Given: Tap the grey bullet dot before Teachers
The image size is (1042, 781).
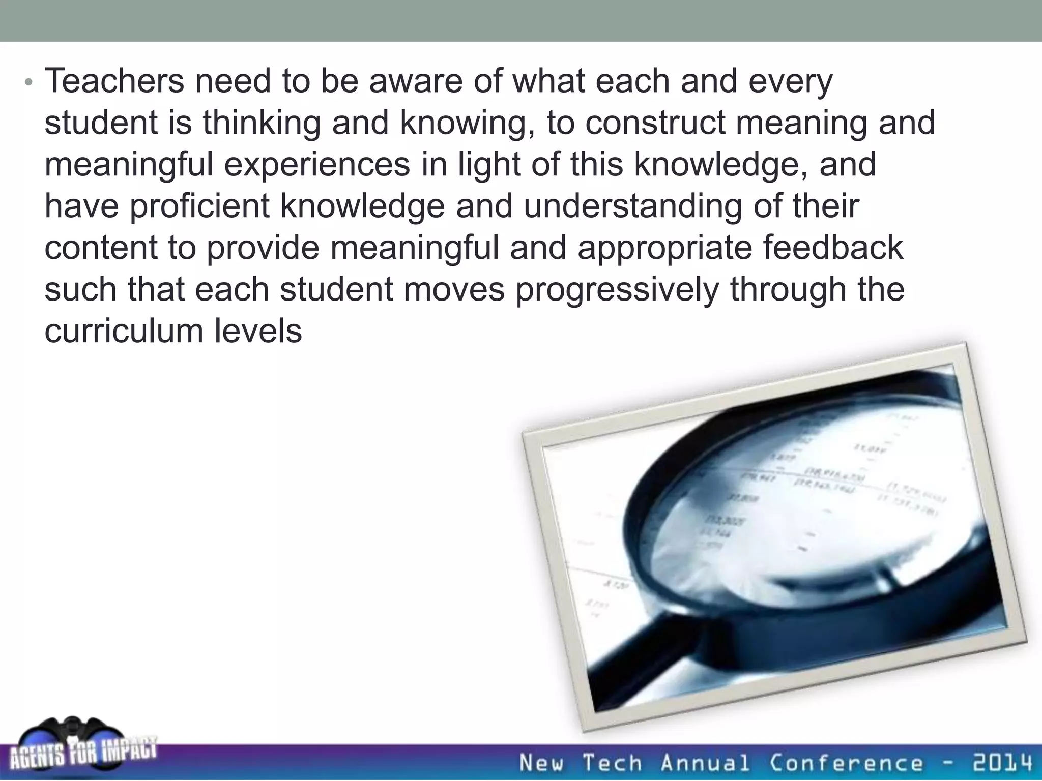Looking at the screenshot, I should (x=28, y=82).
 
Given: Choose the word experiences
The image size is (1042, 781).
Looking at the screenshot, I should (x=316, y=165).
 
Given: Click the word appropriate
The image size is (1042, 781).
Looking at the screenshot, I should (x=663, y=248).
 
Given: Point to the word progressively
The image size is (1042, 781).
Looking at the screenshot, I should (x=617, y=290).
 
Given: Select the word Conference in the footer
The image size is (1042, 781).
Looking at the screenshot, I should (x=845, y=763).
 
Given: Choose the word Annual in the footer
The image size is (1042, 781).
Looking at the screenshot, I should (x=705, y=763).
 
